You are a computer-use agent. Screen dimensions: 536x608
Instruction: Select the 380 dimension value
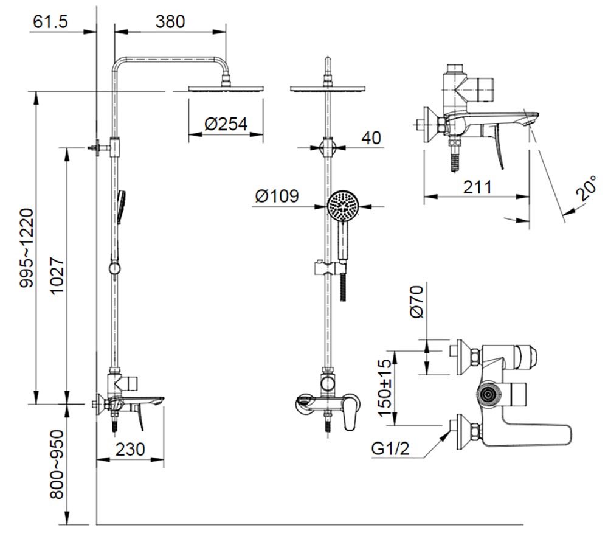pos(170,22)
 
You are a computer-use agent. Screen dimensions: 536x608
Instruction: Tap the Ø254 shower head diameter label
pos(226,124)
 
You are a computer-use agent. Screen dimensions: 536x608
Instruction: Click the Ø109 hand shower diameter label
pos(277,196)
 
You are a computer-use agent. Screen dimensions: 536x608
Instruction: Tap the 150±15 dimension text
pos(385,388)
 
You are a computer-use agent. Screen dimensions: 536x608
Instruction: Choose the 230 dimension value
pos(130,449)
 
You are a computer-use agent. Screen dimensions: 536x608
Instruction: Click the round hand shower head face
pos(344,206)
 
